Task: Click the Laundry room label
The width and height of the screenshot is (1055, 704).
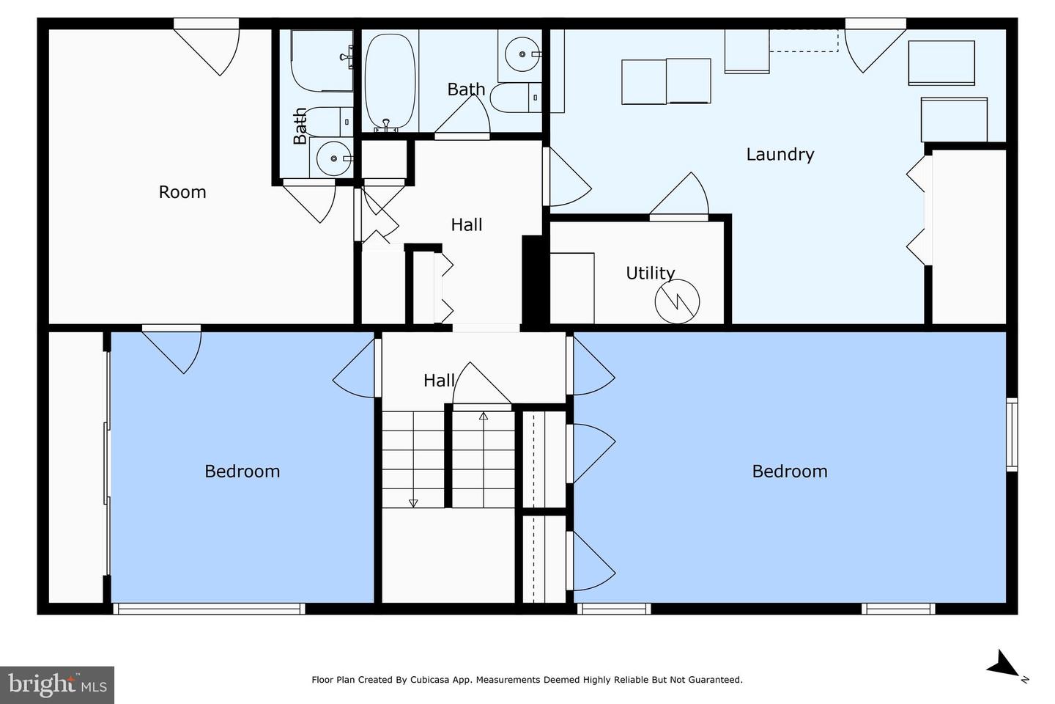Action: [780, 155]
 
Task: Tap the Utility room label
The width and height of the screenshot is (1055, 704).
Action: [651, 273]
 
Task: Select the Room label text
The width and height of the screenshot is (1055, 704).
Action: [182, 192]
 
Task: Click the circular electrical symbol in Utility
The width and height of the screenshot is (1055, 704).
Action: [677, 302]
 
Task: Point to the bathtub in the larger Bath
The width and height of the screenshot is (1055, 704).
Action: [390, 81]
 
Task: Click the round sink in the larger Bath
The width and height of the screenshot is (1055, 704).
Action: [522, 54]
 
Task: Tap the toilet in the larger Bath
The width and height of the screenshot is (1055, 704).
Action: [517, 98]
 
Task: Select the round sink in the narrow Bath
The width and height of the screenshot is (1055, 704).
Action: [333, 158]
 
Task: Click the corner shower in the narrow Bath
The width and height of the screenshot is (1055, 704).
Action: [322, 60]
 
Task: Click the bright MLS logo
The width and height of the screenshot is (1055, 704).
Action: [57, 685]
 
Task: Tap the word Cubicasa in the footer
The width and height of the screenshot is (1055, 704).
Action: [429, 680]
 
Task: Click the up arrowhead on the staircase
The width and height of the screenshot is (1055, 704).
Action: [484, 417]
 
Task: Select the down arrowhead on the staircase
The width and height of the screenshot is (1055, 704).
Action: [413, 503]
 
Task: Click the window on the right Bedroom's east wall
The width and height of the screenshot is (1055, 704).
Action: [1012, 434]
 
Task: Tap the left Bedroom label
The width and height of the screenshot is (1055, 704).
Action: [242, 471]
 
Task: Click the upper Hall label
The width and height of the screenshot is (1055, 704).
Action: [466, 224]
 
